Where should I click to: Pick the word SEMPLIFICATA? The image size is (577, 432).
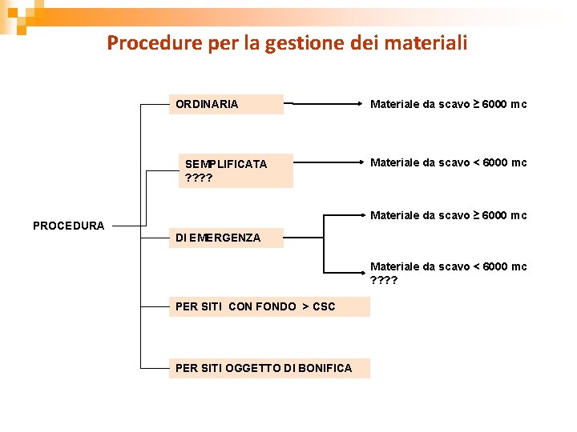(x=226, y=164)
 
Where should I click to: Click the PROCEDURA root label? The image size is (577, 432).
(x=68, y=226)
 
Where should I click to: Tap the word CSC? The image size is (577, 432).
(x=325, y=306)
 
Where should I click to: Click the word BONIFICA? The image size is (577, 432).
(x=325, y=368)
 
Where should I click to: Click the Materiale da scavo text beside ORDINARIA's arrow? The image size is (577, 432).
(x=448, y=104)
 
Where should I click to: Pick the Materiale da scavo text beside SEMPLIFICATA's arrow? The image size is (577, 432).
(x=448, y=162)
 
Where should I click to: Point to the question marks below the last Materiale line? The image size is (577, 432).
(x=384, y=280)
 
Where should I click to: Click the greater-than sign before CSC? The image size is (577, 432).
(x=305, y=306)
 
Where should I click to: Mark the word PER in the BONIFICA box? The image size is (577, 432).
(x=186, y=368)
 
